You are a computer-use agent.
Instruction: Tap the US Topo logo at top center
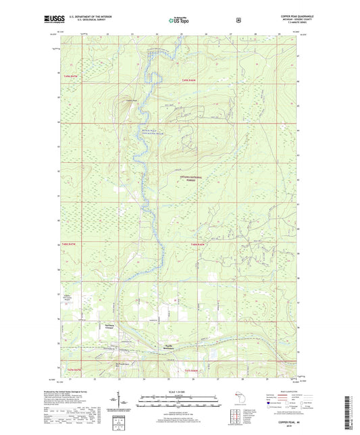179,21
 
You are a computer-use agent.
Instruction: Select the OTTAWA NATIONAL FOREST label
191,178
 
